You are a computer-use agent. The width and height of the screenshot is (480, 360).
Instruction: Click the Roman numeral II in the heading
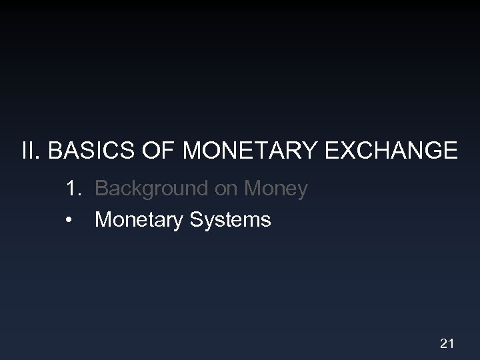pos(29,151)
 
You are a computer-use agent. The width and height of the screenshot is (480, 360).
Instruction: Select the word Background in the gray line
pos(152,189)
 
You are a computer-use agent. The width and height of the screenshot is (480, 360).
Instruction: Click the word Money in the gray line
pos(276,189)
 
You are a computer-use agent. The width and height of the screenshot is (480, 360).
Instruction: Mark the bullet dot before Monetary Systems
pos(70,219)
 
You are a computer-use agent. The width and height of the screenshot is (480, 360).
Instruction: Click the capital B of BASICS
pos(56,151)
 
